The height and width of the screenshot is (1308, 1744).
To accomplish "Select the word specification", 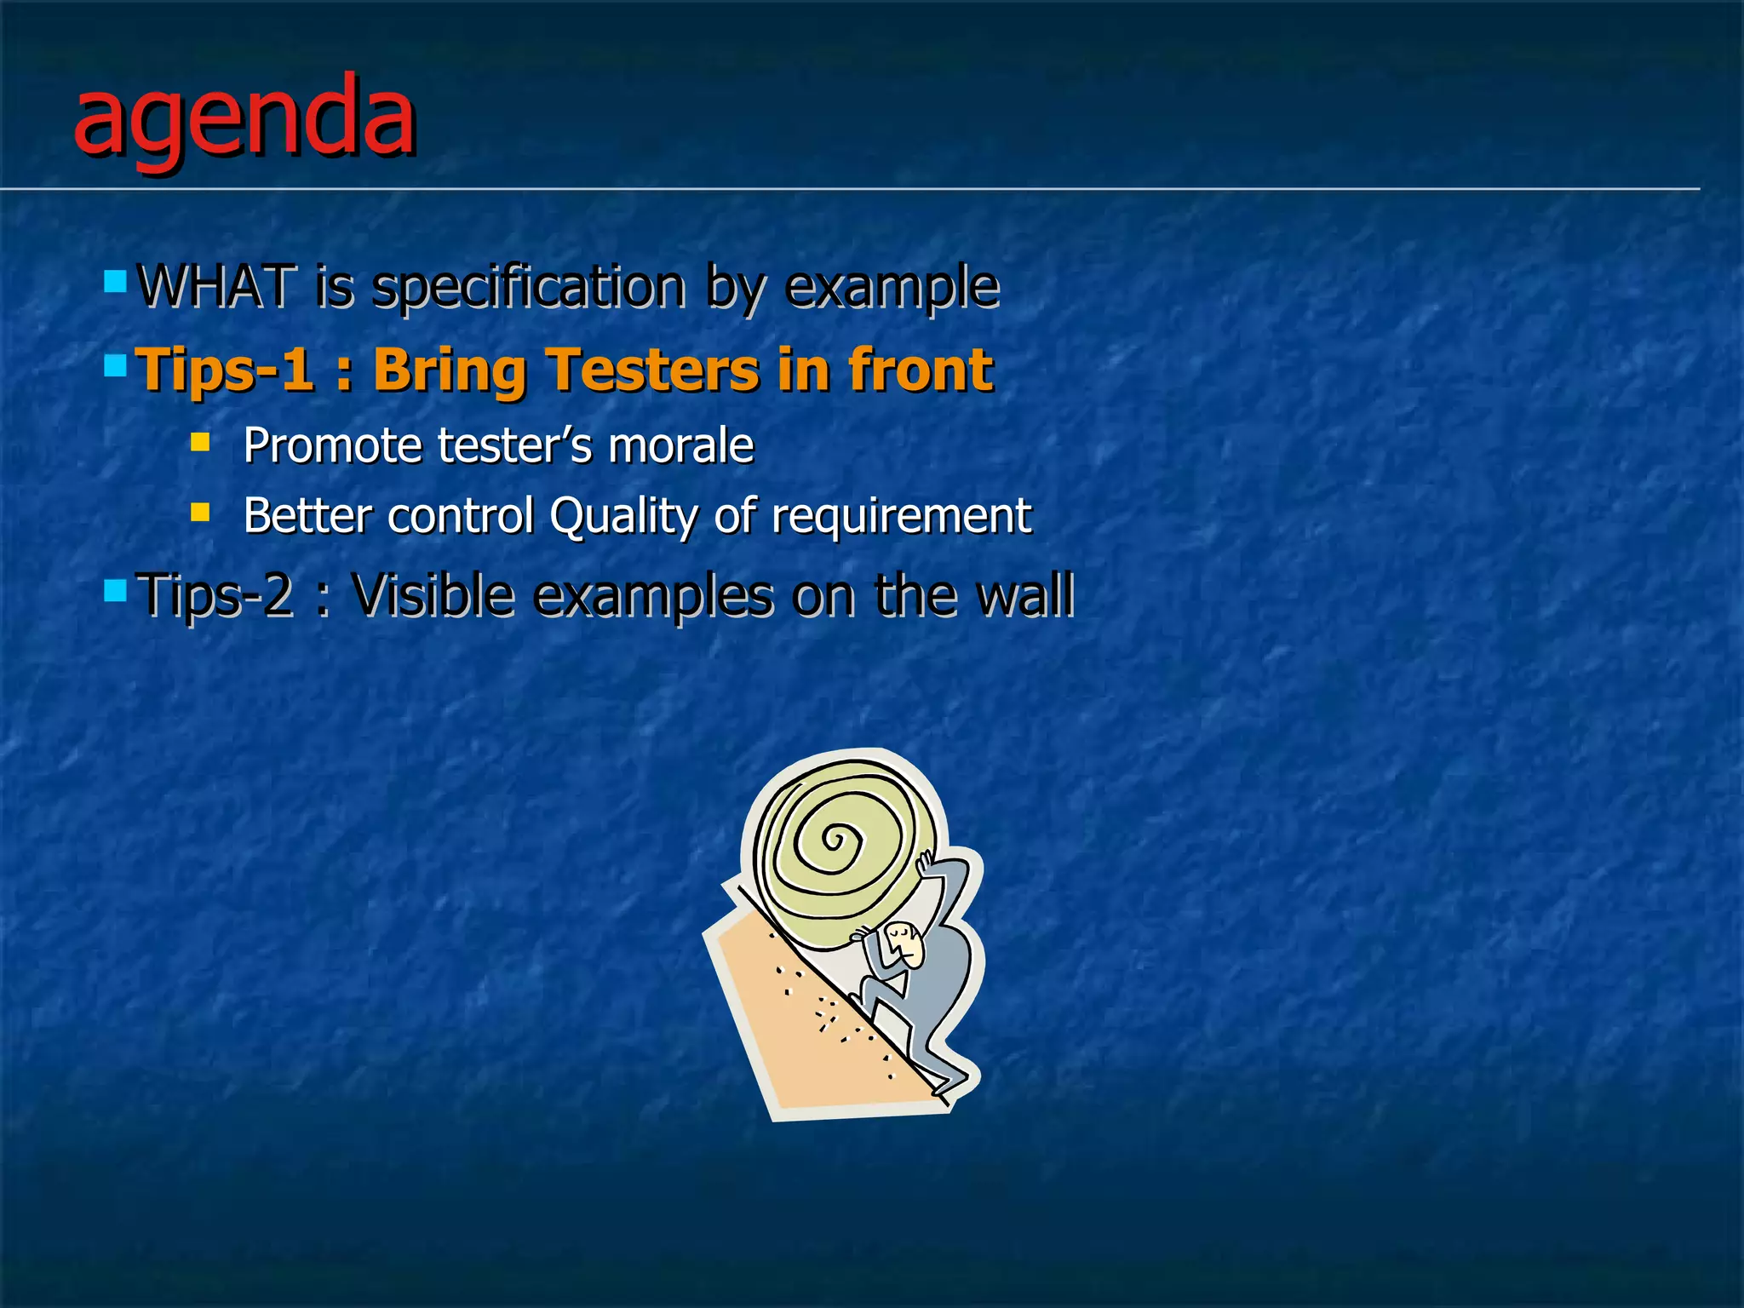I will click(x=529, y=288).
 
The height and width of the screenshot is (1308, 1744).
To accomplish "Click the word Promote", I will click(x=331, y=445).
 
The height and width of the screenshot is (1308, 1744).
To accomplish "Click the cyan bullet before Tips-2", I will click(x=115, y=589).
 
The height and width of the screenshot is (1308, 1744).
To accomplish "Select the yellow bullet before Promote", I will click(x=200, y=441).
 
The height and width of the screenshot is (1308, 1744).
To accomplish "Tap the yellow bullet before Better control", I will click(x=200, y=512).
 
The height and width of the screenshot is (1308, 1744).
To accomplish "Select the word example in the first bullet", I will click(x=892, y=286).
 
